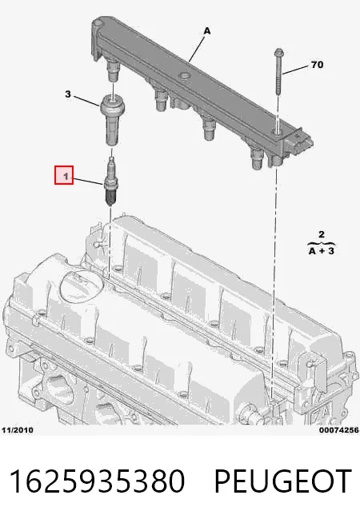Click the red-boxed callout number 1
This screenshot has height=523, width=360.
point(64,175)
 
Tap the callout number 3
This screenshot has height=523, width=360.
point(68,94)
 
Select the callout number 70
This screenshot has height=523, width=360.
point(317,64)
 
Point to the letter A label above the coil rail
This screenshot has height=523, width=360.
point(207,31)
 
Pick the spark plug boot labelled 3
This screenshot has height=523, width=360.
point(113,119)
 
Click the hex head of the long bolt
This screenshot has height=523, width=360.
point(278,53)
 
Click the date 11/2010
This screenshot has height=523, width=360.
point(18,430)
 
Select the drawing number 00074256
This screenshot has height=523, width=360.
point(339,430)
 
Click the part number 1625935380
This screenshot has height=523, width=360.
point(97,481)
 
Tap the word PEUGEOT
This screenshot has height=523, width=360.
point(283,481)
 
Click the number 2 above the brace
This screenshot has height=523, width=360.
point(322,234)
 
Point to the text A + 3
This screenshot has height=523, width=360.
point(322,250)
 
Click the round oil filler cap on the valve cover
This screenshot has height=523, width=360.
point(81,284)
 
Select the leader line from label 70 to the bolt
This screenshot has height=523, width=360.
point(295,70)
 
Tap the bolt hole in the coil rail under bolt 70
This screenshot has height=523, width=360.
point(277,132)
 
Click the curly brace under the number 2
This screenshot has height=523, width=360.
point(321,242)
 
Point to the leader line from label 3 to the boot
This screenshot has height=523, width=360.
point(86,101)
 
